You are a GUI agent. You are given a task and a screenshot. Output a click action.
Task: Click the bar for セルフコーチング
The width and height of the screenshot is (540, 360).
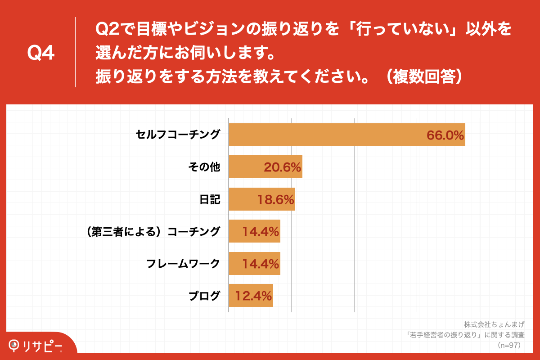(x=346, y=135)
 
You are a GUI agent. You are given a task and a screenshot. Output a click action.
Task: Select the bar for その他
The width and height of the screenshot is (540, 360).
(x=265, y=167)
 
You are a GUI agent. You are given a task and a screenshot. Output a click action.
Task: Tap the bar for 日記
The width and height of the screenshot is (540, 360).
(x=262, y=199)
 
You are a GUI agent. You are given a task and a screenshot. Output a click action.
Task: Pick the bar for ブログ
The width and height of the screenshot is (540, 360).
(x=251, y=296)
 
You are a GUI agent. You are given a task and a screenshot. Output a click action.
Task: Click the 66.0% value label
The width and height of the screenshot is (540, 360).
(x=445, y=135)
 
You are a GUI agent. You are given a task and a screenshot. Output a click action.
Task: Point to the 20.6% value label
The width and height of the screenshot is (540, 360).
(x=282, y=167)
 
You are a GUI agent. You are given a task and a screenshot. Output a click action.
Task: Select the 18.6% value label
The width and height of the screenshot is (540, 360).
(x=275, y=200)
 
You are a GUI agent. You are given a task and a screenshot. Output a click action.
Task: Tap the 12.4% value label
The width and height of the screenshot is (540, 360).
(x=253, y=296)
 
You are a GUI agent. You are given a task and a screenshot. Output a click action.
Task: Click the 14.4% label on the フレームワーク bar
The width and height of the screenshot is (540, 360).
(x=261, y=264)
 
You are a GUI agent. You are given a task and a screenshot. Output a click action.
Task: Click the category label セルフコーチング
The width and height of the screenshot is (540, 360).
(x=178, y=135)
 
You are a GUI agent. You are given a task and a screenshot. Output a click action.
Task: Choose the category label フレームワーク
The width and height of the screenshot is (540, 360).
(x=183, y=264)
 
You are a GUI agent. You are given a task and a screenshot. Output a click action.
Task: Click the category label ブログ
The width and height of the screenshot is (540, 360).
(x=204, y=296)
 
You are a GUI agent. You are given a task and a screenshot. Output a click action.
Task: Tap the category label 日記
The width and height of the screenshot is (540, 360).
(x=210, y=199)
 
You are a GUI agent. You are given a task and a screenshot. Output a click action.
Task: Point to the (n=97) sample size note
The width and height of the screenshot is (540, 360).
(x=508, y=345)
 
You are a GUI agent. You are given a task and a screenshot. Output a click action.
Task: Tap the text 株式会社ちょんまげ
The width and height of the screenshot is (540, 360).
(x=494, y=324)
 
